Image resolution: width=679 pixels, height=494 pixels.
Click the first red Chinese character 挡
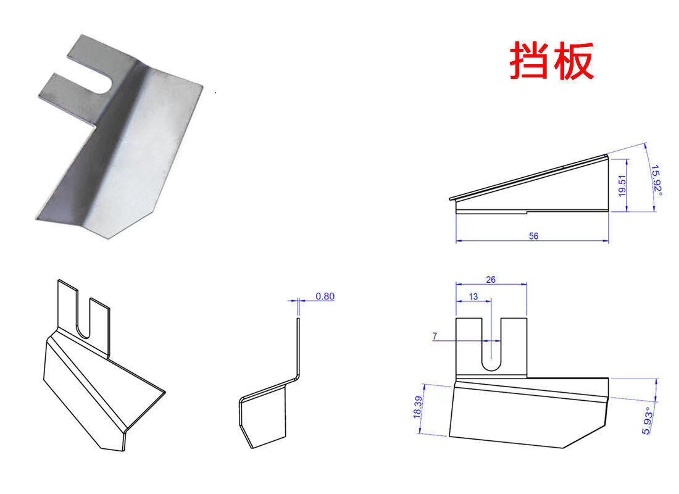pos(530,61)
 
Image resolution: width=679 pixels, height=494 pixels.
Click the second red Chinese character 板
pos(573,61)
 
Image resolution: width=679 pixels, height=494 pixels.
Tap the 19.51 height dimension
pos(622,185)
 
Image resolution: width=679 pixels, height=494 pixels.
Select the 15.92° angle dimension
pos(657,180)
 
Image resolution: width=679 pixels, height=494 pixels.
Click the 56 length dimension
pos(533,236)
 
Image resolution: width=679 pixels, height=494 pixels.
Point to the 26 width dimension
pos(491,280)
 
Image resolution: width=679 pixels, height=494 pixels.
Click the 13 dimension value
pos(473,296)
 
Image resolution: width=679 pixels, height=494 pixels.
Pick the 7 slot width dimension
pos(435,336)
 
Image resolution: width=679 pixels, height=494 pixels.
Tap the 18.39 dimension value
pos(417,408)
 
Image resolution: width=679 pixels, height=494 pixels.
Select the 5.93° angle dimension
pos(647,421)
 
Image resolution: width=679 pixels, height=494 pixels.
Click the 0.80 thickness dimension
pos(325,296)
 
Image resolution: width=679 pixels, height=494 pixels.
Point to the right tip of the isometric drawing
pos(165,392)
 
